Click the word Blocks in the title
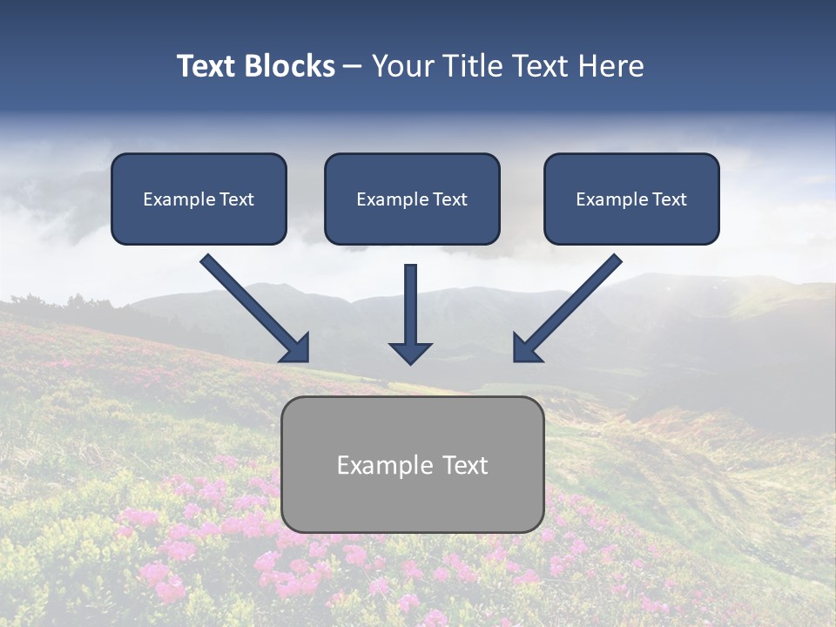pos(289,66)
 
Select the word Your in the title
pos(401,66)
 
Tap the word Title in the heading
pos(471,66)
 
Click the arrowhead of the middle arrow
pos(410,353)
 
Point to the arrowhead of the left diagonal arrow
pos(296,348)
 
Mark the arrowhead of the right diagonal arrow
pos(526,348)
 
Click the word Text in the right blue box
pos(670,199)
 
